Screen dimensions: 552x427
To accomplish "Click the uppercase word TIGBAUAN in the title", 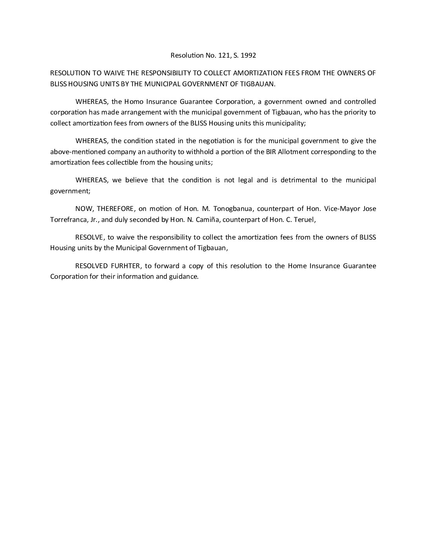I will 259,84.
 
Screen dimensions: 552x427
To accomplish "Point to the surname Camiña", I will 208,220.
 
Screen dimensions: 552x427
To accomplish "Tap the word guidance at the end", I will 184,277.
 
